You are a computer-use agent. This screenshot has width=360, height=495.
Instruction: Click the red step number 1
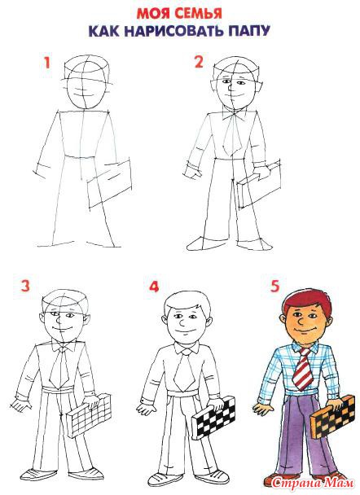tap(47, 63)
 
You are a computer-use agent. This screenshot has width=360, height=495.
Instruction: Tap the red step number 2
tap(199, 62)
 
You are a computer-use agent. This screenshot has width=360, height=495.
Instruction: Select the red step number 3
tap(25, 286)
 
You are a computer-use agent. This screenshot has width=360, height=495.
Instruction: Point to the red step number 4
tap(154, 287)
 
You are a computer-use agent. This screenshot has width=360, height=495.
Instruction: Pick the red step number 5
tap(275, 286)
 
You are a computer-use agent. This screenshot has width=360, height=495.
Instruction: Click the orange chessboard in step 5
tap(332, 416)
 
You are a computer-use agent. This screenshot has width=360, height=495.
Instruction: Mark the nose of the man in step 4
tap(182, 322)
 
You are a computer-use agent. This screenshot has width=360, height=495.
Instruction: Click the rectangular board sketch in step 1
tap(110, 183)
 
